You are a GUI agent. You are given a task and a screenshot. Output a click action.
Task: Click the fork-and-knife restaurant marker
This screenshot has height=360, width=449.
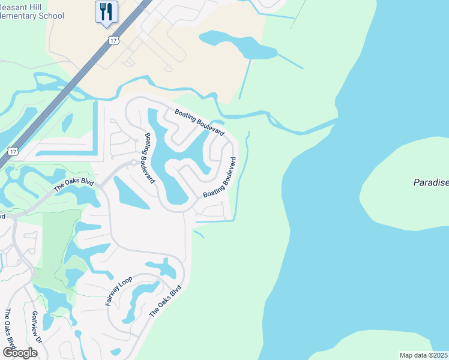point(106,12)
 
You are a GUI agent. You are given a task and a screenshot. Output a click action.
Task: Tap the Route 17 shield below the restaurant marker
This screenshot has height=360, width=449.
point(113,40)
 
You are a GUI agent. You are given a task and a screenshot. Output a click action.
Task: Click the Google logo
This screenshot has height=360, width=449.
point(20,353)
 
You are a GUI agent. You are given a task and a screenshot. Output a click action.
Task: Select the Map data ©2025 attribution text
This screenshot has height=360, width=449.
point(424,355)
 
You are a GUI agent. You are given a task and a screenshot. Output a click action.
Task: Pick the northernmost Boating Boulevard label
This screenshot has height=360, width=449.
point(199,121)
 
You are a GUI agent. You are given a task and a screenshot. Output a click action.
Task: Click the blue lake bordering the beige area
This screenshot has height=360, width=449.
point(237,46)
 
